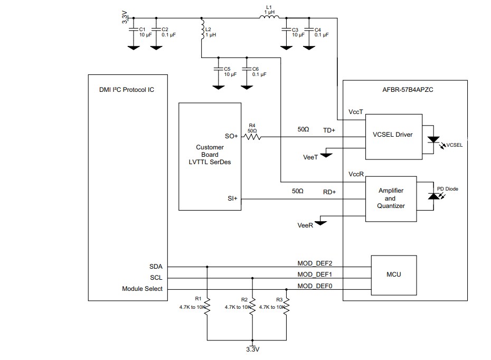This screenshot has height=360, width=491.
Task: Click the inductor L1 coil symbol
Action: tap(269, 18)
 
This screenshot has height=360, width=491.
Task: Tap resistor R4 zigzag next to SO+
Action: tap(252, 137)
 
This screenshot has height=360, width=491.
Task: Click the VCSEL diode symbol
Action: tap(434, 140)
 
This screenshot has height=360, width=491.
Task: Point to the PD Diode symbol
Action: tap(433, 196)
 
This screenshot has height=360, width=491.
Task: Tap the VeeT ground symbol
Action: tap(326, 154)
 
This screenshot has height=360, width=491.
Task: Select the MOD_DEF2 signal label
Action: tap(315, 263)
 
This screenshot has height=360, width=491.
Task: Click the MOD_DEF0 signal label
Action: tap(315, 286)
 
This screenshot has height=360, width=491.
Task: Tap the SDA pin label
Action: tap(156, 267)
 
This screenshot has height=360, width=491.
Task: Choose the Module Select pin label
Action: tap(143, 289)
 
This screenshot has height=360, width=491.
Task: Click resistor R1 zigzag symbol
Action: tap(207, 307)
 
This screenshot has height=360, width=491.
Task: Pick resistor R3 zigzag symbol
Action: tap(287, 307)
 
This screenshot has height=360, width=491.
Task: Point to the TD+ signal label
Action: tap(329, 130)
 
